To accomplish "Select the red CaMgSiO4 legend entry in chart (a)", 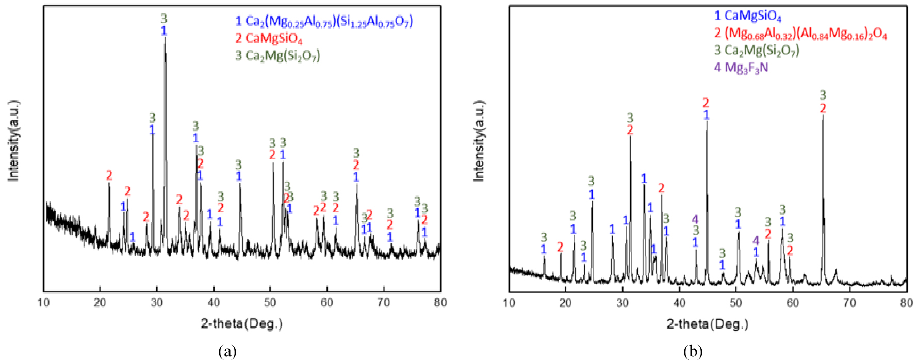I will tap(269, 38).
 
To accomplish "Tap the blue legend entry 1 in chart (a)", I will tap(324, 21).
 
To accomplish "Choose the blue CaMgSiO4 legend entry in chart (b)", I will tap(748, 17).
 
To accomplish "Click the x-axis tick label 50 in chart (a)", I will tap(270, 303).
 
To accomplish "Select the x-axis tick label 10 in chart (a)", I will tap(44, 303).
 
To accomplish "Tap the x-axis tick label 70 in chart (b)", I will tap(849, 303).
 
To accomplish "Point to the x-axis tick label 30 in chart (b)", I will tap(623, 303).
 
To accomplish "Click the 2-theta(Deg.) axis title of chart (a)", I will tap(242, 324).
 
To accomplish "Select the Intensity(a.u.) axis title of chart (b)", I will tap(479, 140).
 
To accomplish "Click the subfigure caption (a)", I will tap(227, 352).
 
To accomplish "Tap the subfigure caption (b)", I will tap(693, 352).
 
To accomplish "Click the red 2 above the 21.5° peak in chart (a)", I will tap(109, 176).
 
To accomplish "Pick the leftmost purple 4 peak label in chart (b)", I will tap(695, 219).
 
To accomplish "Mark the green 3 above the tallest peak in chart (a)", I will tap(164, 19).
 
